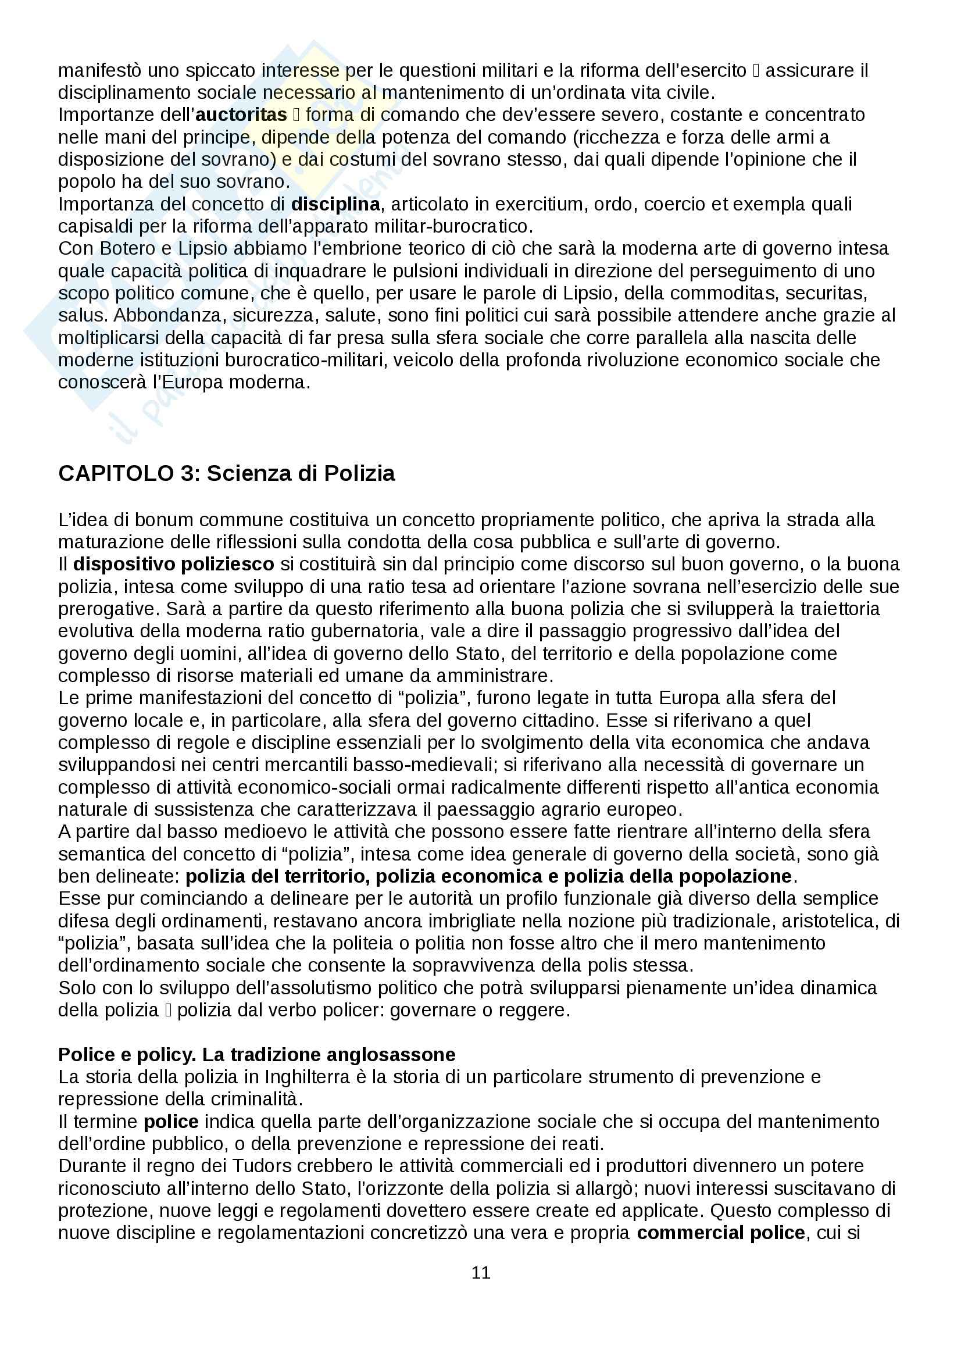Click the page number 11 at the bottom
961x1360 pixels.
pyautogui.click(x=481, y=1272)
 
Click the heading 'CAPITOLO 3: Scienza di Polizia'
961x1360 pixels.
pyautogui.click(x=226, y=473)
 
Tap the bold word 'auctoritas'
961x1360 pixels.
pyautogui.click(x=241, y=115)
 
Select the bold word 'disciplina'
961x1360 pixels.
pyautogui.click(x=335, y=204)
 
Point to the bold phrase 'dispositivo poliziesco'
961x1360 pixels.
pyautogui.click(x=173, y=564)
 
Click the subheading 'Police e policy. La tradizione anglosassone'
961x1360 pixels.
pyautogui.click(x=256, y=1054)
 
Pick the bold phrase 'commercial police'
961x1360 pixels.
pyautogui.click(x=720, y=1233)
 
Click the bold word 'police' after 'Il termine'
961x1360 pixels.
pyautogui.click(x=171, y=1121)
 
